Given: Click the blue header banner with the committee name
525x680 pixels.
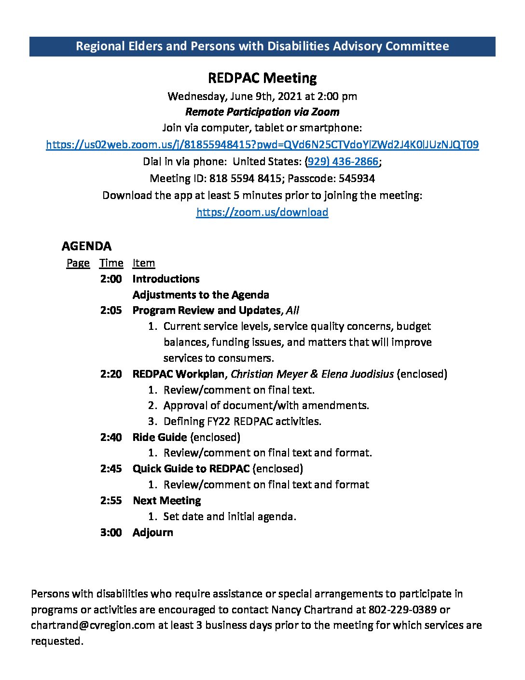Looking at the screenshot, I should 262,46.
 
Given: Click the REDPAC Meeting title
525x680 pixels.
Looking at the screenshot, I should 262,78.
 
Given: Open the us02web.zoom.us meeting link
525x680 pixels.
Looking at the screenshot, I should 262,145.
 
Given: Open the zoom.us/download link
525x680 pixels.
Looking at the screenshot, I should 262,212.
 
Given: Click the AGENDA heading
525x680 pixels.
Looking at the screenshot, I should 86,246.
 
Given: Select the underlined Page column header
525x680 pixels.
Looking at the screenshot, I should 78,263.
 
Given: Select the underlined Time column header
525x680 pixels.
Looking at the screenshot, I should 111,263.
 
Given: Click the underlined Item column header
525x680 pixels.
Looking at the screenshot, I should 143,263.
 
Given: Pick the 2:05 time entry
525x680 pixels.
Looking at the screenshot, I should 111,311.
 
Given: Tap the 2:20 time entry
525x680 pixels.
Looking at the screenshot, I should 111,374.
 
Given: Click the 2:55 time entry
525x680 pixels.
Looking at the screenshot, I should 111,500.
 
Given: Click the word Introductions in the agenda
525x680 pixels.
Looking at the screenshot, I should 166,279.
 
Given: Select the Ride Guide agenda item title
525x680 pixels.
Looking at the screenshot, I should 159,437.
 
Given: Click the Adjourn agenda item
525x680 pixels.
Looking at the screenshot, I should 152,532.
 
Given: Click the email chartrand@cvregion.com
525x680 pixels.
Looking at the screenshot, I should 93,625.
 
